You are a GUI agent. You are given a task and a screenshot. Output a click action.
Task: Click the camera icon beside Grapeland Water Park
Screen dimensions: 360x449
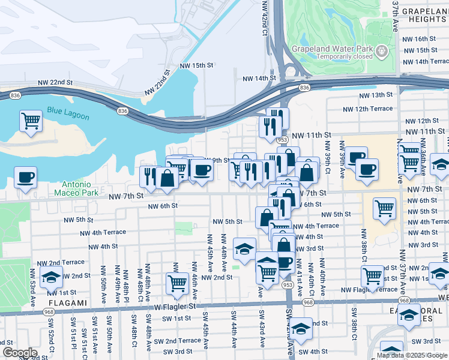(x=381, y=53)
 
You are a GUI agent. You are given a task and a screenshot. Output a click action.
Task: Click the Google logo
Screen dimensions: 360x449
(x=20, y=352)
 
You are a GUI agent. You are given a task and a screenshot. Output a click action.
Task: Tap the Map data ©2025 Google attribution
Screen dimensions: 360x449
(x=411, y=355)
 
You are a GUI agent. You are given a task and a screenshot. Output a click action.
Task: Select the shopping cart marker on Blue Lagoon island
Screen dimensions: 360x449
(x=31, y=121)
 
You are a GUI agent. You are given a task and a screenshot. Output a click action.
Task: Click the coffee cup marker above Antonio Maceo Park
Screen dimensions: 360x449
(x=26, y=178)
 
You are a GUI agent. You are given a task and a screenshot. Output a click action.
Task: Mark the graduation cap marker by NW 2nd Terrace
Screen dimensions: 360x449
(x=52, y=277)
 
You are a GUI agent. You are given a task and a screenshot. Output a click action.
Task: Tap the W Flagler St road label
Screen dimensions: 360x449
(x=175, y=306)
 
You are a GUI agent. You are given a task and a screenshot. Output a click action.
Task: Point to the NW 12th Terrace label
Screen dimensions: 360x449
(x=367, y=109)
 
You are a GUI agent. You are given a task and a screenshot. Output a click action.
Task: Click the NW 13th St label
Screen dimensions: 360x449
(x=375, y=95)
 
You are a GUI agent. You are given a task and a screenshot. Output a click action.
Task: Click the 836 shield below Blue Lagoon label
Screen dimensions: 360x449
(x=122, y=111)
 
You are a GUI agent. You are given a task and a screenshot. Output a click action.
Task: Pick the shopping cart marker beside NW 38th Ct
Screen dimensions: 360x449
(x=373, y=276)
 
